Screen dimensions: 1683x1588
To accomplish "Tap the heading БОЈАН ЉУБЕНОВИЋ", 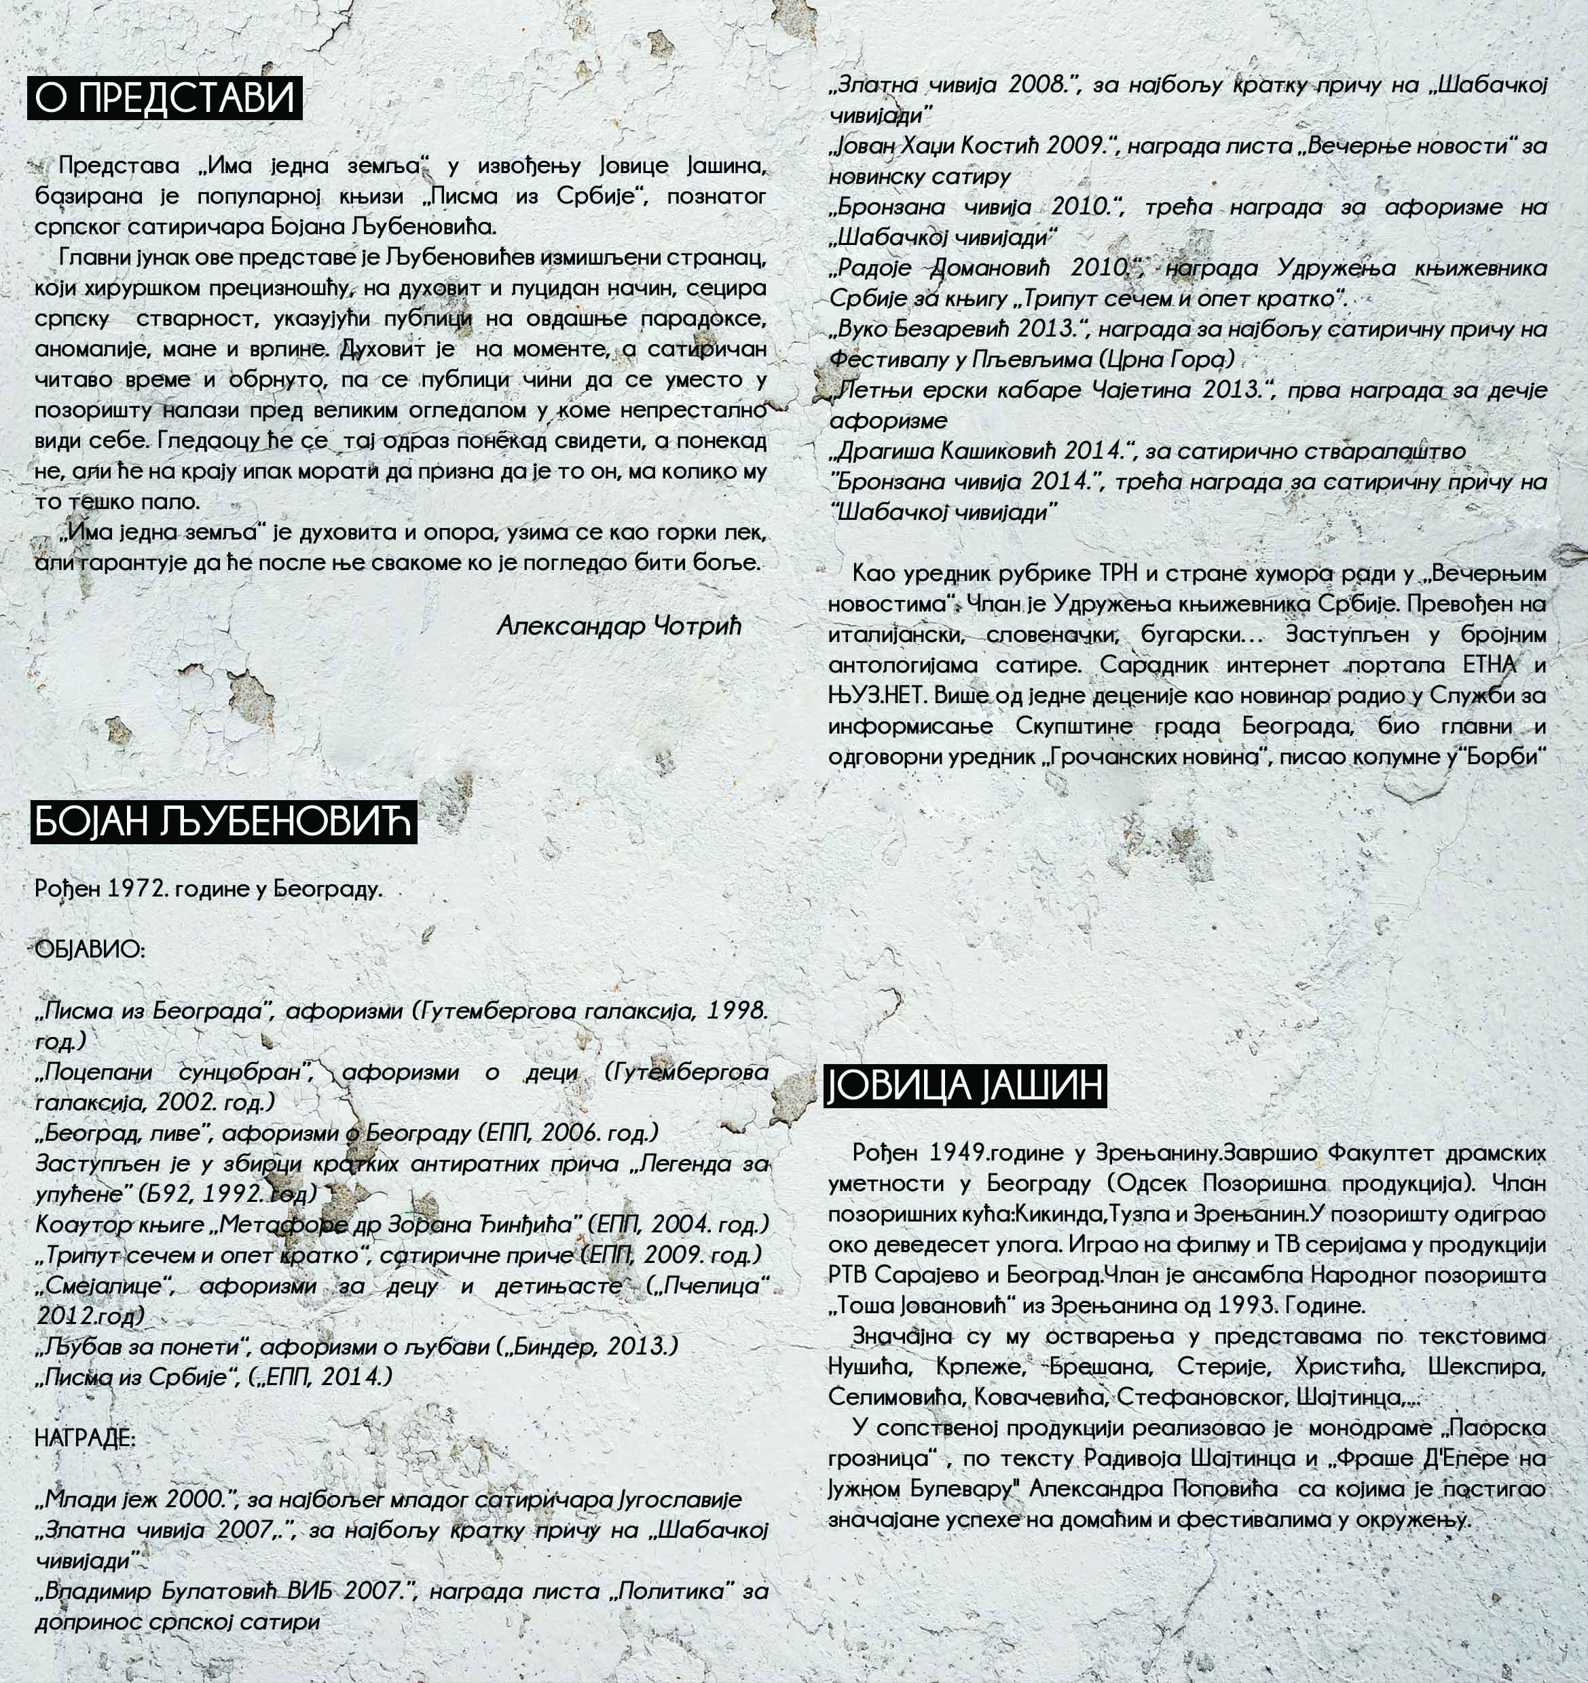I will point(223,821).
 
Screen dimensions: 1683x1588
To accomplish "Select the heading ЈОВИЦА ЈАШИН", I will point(965,1086).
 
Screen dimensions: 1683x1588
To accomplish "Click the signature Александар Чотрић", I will point(618,626).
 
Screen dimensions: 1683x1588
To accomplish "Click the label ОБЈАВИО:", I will point(90,950).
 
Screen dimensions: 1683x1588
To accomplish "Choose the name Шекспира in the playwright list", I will point(1486,1366).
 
